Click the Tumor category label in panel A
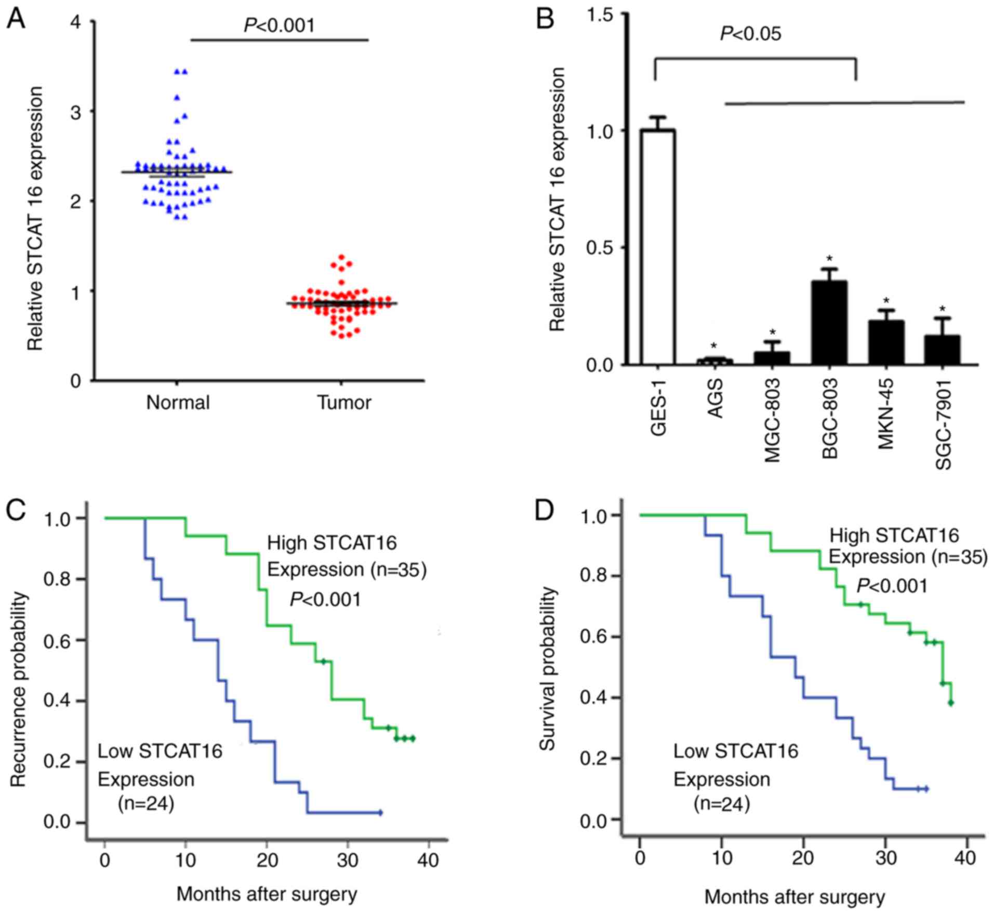(344, 403)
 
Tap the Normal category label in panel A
(178, 403)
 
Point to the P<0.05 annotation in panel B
(750, 34)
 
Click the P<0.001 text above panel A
(280, 25)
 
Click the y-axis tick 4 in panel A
(77, 22)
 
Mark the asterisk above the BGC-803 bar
(830, 259)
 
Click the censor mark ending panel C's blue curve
(380, 812)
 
